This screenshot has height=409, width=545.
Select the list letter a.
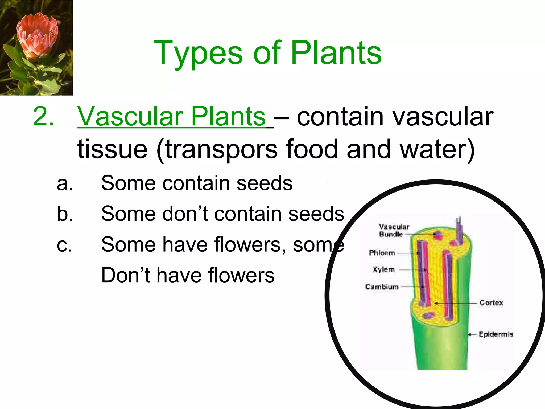point(65,183)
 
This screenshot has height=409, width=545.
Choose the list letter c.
point(64,245)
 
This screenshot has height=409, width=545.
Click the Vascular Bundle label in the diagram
point(394,231)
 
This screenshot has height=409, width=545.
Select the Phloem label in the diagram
point(382,253)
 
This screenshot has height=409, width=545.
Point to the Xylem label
point(383,269)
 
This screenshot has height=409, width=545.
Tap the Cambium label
point(382,287)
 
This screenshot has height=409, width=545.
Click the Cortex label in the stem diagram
point(491,303)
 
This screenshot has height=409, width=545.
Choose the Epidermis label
point(496,334)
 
